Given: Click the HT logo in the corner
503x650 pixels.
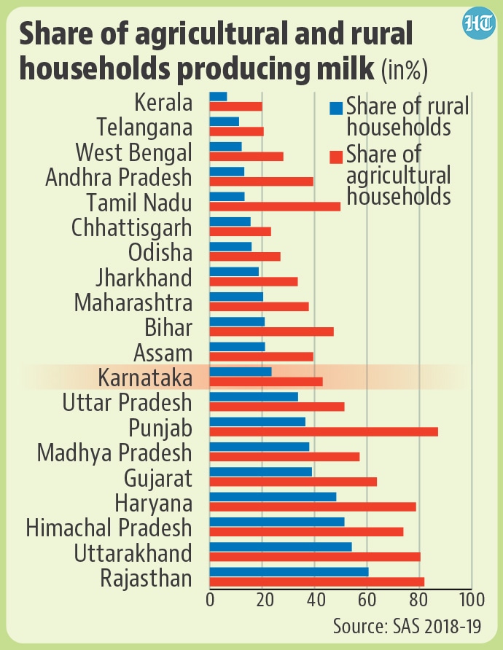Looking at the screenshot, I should coord(477,25).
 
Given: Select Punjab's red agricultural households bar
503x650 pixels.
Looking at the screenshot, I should coord(324,431).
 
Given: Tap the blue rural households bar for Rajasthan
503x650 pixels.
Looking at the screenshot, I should coord(289,572).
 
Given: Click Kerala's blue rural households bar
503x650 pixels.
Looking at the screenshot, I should coord(218,96).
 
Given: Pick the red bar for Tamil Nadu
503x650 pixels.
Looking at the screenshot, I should coord(275,206).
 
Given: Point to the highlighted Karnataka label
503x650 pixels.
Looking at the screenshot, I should coord(145,377).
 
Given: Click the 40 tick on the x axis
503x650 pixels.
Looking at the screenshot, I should coord(315,600).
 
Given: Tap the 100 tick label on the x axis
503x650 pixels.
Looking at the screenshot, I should coord(472,600).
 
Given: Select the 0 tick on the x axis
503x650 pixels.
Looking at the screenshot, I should coord(210,600).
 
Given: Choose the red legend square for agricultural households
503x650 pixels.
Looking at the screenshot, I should coord(336,157).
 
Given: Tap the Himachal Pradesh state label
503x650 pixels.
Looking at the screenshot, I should coord(109,528).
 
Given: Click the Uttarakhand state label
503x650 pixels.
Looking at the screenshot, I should coord(133,553).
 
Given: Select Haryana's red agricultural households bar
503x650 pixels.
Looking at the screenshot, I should coord(313,506).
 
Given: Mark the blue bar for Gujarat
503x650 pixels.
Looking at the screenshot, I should coord(260,472).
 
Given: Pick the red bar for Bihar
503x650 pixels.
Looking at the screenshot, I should coord(271,332).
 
